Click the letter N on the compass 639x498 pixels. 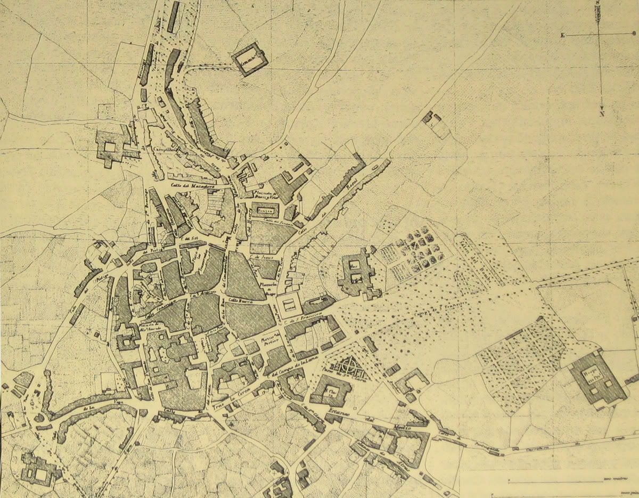601,113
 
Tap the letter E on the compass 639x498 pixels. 562,35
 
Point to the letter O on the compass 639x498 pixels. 633,34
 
